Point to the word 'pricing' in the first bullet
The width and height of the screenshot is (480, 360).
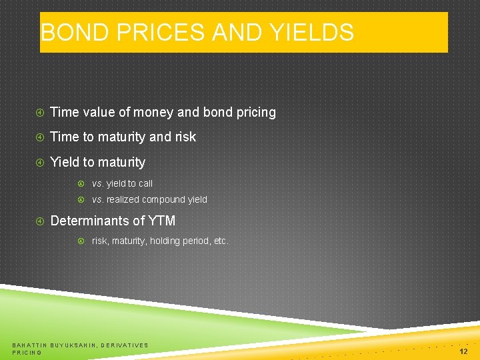pos(255,113)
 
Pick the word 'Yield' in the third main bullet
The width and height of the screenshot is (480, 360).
pos(65,163)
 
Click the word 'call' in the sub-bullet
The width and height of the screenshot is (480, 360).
pos(145,183)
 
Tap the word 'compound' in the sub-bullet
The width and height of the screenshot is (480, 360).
pos(166,199)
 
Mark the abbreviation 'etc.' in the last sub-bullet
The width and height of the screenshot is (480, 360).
pos(221,241)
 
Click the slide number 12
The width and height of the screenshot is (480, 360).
pos(463,351)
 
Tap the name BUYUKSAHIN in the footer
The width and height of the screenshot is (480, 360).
pos(73,345)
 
